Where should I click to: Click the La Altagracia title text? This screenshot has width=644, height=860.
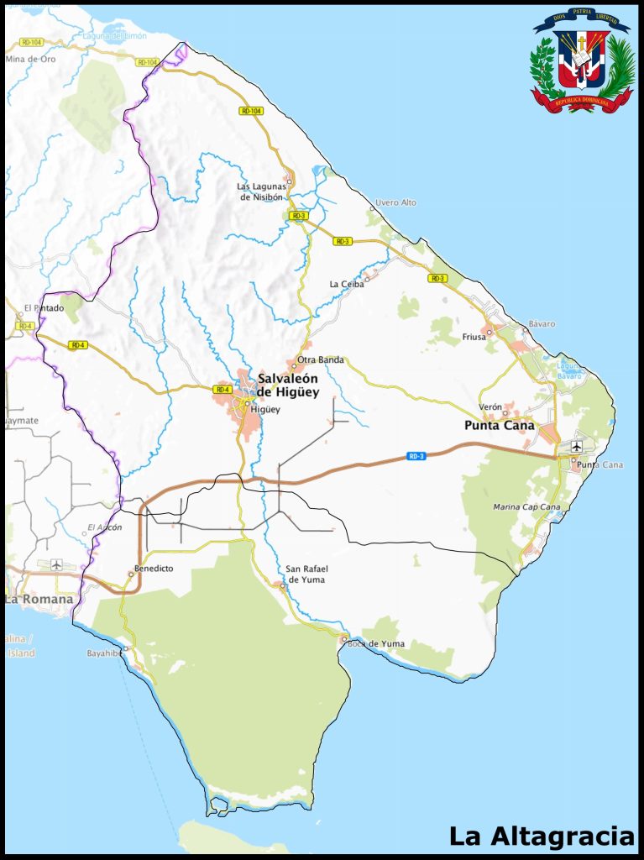542,836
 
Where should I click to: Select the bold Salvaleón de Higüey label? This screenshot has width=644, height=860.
288,385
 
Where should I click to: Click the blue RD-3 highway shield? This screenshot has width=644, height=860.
416,456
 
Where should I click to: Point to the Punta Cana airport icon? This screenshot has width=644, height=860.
577,445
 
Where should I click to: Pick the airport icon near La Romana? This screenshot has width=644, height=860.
56,564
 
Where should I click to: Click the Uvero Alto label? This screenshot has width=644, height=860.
395,203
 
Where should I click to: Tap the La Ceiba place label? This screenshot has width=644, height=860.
347,284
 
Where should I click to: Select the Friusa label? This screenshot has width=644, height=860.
474,337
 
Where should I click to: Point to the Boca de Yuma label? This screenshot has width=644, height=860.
376,644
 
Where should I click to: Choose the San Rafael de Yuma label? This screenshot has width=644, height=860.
306,574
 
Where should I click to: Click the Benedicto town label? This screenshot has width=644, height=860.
154,569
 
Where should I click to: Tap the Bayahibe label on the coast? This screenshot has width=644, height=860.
104,653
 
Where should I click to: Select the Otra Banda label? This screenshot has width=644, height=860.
321,360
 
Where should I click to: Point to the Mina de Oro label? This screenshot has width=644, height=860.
30,59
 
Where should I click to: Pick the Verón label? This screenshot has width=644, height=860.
490,406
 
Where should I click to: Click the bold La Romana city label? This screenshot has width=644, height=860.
39,599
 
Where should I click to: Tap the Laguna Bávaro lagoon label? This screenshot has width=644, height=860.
569,371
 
